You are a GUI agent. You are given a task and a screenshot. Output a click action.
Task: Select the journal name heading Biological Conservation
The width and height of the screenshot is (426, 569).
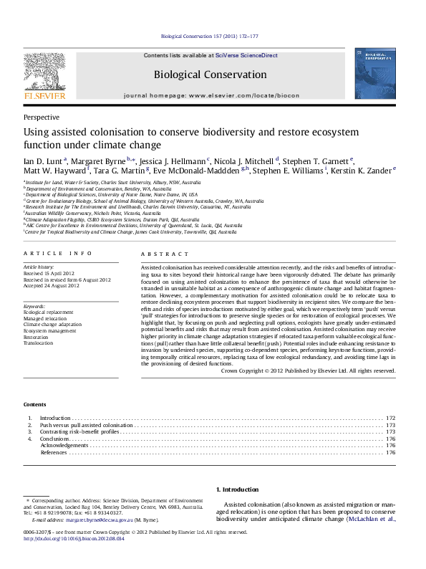(x=210, y=75)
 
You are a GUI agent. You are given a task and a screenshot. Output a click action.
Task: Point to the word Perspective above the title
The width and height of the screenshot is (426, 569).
(x=42, y=116)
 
